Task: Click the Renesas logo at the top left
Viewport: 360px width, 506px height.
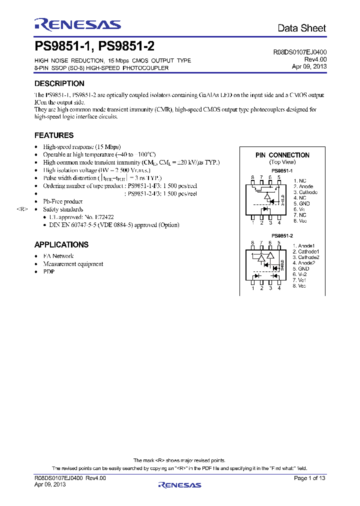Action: (77, 24)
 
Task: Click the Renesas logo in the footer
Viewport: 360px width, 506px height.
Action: (179, 484)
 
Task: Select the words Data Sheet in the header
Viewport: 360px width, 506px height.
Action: (301, 28)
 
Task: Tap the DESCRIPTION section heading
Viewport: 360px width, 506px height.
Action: (59, 83)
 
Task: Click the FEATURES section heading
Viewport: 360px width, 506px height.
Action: (54, 135)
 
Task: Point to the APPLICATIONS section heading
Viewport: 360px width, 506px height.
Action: (61, 244)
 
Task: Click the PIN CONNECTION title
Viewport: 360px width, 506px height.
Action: (282, 155)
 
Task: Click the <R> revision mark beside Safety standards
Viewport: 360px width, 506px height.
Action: (22, 209)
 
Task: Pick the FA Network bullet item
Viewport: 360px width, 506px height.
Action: (58, 256)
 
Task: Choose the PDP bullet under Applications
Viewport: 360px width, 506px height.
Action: (48, 271)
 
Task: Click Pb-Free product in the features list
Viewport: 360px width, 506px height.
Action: (63, 201)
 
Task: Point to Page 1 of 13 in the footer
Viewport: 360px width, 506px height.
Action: (309, 478)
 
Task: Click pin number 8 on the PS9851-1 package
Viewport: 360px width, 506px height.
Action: (253, 177)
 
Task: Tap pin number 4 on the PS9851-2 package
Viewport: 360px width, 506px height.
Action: (279, 288)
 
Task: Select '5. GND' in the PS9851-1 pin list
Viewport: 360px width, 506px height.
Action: (302, 203)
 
